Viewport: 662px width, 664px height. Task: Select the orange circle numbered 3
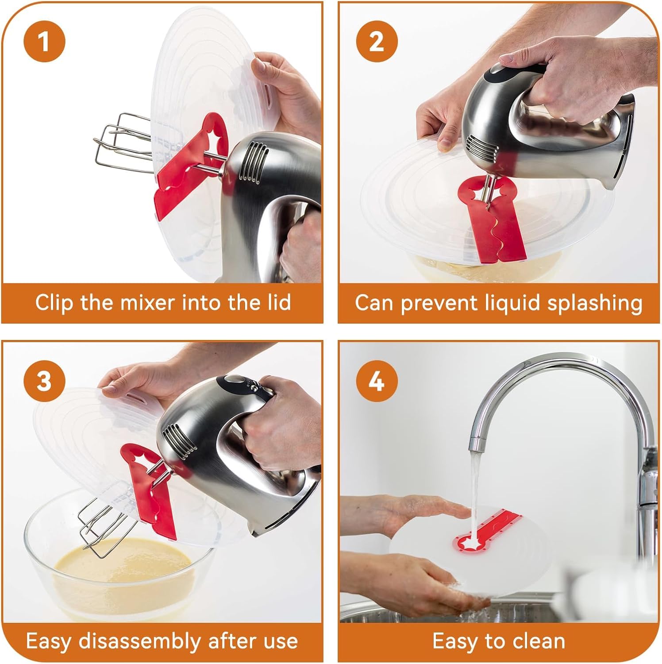tap(44, 380)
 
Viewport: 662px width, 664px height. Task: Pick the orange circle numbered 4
tap(377, 380)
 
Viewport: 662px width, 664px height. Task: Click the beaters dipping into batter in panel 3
tap(106, 529)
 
